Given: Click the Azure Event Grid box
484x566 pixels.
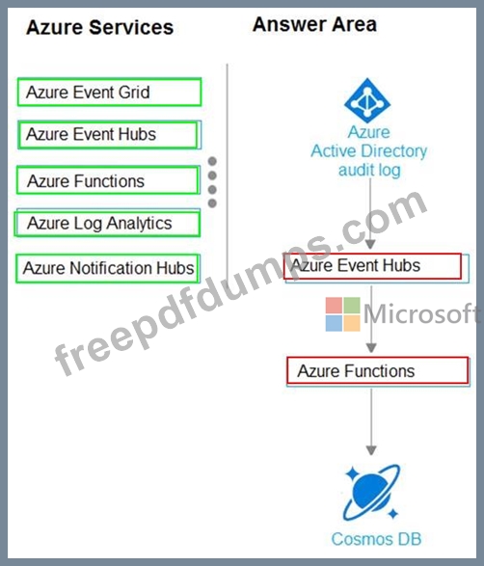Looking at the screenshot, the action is coord(109,92).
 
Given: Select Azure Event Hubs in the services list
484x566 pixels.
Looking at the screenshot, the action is coord(109,135).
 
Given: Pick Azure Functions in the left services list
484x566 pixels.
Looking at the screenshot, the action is coord(108,180).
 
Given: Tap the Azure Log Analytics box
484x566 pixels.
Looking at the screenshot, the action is coord(107,223).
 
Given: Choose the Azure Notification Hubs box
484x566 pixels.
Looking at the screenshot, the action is coord(108,268).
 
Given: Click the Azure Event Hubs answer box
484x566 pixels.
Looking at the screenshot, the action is coord(375,267).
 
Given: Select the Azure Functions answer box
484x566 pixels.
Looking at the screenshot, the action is coord(378,371).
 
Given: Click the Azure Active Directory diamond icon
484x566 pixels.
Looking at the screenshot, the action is coord(367,100).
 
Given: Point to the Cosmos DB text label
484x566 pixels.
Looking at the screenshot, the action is coord(376,539).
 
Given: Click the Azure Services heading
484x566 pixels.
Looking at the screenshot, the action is coord(100,27).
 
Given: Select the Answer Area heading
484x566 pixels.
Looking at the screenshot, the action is coord(314,24).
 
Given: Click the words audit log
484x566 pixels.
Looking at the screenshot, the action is coord(369,171).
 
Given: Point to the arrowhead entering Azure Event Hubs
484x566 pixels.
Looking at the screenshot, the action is coord(370,244).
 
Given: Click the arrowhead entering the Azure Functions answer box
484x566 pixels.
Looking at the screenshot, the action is coord(371,348).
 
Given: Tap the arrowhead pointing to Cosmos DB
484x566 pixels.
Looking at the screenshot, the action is coord(371,450).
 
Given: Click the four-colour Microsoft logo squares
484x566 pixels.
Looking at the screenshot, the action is coord(342,314).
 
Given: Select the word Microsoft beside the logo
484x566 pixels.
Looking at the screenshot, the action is coord(420,313).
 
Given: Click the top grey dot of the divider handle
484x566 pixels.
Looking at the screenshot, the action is coord(212,161).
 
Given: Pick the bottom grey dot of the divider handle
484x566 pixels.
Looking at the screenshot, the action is coord(212,203).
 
